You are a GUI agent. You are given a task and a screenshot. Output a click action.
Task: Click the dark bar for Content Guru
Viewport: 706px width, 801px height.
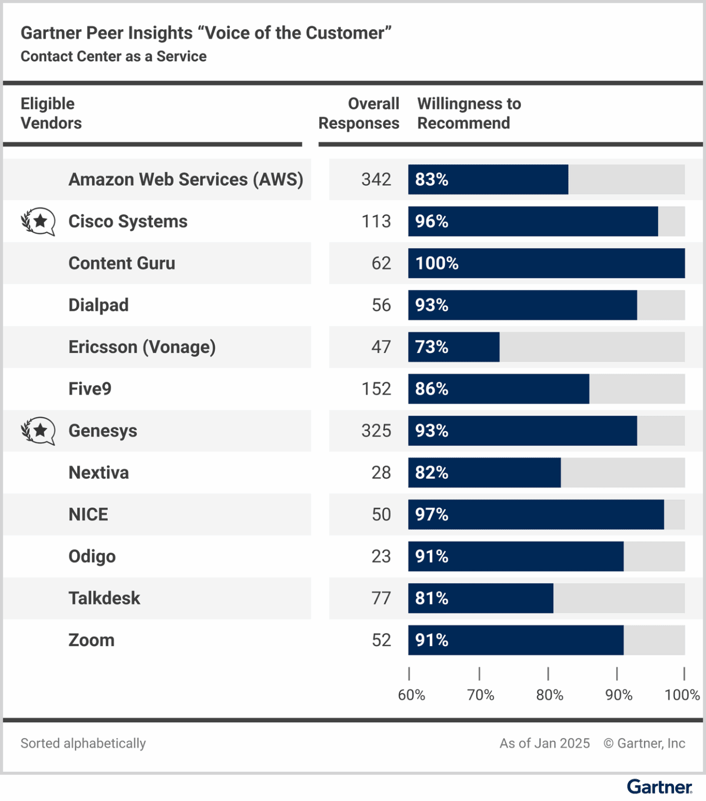[x=546, y=263]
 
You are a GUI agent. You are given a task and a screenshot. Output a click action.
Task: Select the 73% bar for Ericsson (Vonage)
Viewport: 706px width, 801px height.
[x=453, y=347]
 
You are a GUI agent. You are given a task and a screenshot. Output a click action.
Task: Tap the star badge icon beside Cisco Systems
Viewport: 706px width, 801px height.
[x=38, y=222]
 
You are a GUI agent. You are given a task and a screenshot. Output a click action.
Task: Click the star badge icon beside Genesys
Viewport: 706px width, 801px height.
[x=38, y=431]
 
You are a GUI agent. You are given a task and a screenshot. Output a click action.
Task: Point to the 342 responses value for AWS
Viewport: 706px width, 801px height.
[x=376, y=179]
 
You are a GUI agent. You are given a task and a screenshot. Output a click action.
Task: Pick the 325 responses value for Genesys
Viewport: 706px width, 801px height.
[x=376, y=431]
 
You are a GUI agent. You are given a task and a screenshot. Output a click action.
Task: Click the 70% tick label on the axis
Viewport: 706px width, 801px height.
[x=480, y=695]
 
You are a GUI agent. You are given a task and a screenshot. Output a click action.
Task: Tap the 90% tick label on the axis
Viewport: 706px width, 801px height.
[x=618, y=695]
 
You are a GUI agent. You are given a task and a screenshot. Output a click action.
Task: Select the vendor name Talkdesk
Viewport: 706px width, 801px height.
[x=104, y=598]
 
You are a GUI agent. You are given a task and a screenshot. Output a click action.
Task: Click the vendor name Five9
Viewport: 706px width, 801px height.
[x=90, y=389]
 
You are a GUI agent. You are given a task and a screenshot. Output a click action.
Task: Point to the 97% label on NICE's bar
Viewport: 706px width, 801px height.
[x=432, y=515]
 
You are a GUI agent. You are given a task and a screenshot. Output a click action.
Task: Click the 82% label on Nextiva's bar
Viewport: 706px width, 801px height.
[x=432, y=472]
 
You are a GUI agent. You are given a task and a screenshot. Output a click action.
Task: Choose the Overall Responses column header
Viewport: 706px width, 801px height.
[x=359, y=113]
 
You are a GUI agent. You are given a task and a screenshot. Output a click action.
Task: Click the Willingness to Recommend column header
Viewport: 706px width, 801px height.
[x=469, y=113]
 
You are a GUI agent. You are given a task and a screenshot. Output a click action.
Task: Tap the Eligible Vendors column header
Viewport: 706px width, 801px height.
[x=51, y=113]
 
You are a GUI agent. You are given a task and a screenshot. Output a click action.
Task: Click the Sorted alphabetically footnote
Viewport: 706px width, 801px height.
[x=83, y=743]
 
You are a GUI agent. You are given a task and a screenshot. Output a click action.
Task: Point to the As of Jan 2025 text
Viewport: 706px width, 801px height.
[x=544, y=743]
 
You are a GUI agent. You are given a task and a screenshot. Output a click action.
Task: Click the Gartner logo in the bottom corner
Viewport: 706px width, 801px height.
[x=659, y=787]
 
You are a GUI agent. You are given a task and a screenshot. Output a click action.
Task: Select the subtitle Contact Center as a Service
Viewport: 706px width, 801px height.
[x=114, y=56]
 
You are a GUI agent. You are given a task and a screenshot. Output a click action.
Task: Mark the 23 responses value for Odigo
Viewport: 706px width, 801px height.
[x=381, y=556]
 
